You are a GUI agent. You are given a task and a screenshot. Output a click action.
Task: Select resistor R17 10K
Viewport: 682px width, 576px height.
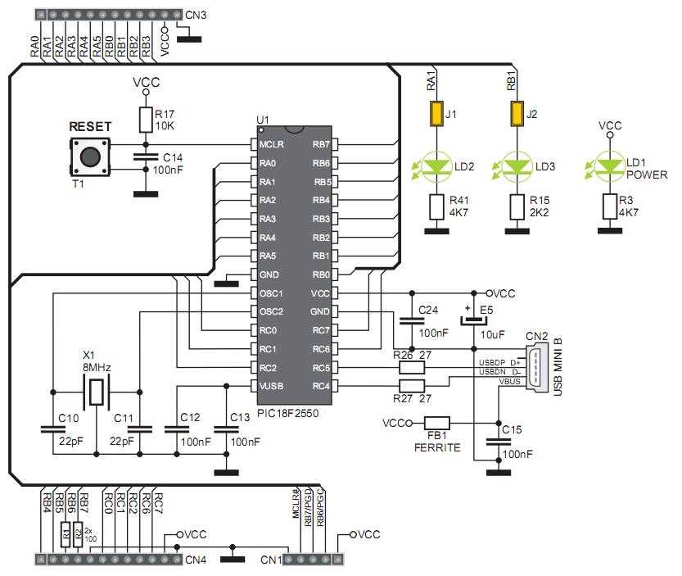click(x=145, y=120)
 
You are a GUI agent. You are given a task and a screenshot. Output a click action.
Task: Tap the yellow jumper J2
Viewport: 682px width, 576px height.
click(x=516, y=114)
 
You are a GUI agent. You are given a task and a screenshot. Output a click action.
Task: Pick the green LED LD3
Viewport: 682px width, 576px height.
click(x=516, y=167)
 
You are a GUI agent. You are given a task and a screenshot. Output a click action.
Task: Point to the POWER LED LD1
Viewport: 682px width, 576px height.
click(x=608, y=167)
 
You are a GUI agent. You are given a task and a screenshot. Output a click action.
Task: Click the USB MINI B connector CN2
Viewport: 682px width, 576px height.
click(x=535, y=368)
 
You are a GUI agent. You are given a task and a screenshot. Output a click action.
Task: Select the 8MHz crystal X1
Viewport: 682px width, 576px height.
click(x=97, y=392)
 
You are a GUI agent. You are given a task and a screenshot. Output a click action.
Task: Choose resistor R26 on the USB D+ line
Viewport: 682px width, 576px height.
click(x=412, y=367)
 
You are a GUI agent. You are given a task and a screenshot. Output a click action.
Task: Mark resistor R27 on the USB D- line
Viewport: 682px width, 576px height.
click(x=412, y=385)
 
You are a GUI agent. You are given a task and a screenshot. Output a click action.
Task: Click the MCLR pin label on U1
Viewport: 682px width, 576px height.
click(x=272, y=145)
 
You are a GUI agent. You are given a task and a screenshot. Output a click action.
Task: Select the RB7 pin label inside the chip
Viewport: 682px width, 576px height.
click(x=321, y=145)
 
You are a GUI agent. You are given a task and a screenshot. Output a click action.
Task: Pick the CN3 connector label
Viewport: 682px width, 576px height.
click(x=196, y=15)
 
